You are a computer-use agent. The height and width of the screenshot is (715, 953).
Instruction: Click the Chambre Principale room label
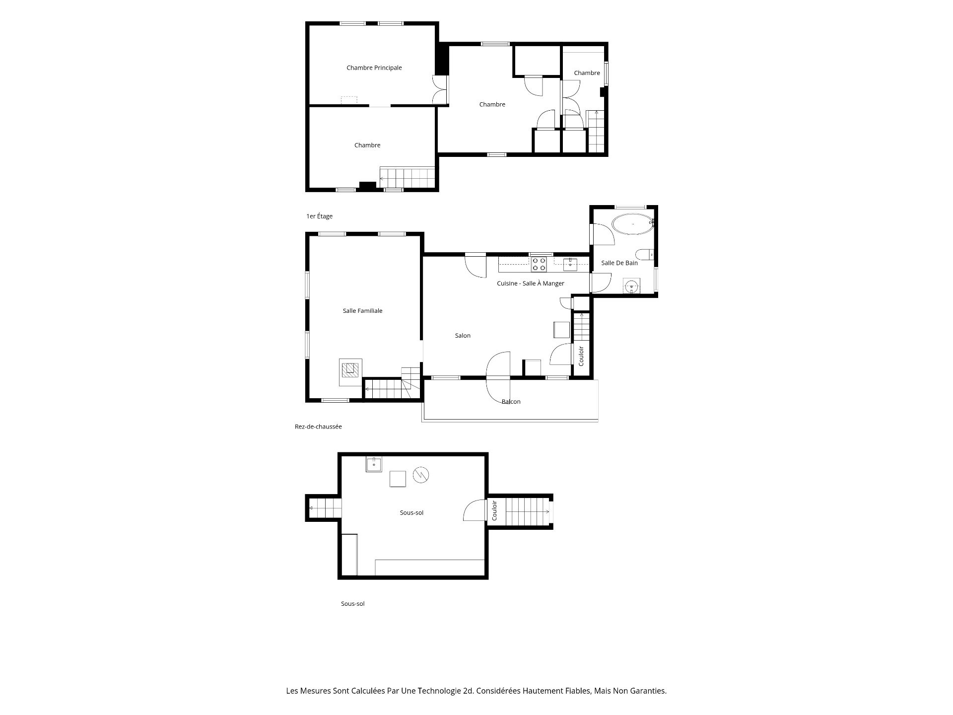pos(374,68)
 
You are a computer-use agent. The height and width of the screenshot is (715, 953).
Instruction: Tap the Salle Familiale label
pos(363,311)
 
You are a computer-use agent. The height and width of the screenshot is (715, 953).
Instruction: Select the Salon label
pos(463,336)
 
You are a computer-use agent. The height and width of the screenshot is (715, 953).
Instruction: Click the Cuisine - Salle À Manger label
pos(531,284)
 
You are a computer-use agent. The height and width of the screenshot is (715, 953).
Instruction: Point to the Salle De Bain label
pos(619,263)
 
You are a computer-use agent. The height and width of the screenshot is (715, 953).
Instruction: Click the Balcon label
pos(511,402)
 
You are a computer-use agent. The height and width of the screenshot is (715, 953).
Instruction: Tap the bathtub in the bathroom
pos(632,224)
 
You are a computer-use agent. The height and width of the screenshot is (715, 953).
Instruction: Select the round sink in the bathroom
pos(631,286)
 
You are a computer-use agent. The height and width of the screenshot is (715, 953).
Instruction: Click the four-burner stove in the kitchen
pos(539,264)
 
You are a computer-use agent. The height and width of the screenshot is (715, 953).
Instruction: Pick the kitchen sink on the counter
pos(570,264)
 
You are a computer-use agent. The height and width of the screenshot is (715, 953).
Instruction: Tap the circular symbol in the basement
pos(421,475)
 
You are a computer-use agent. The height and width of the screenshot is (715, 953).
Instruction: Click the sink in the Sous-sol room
pos(374,464)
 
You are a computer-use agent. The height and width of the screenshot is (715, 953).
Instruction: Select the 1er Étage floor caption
pos(320,216)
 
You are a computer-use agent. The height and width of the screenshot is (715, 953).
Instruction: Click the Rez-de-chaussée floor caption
pos(318,427)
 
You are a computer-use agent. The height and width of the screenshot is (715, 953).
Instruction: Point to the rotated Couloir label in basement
pos(495,510)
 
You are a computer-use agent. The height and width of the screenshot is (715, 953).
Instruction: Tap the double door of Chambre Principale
pos(440,89)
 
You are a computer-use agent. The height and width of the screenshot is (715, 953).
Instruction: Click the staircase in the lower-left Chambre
pos(408,178)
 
